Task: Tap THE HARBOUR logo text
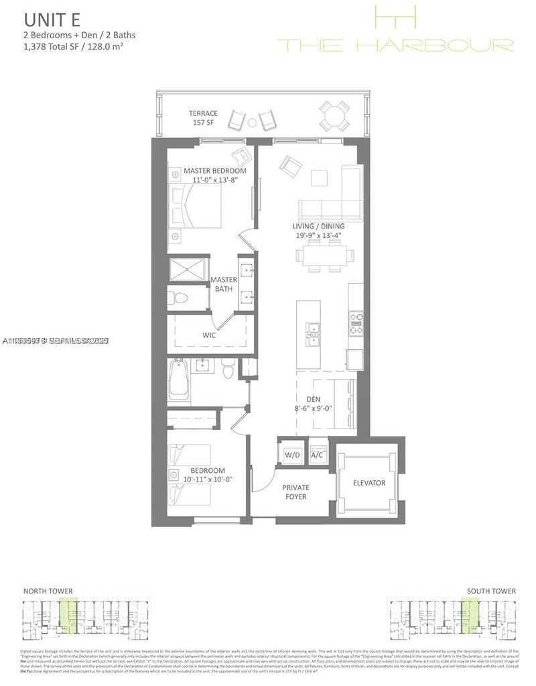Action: (x=395, y=46)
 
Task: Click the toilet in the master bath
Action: (x=178, y=298)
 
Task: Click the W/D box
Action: (x=291, y=455)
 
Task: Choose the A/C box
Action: (x=318, y=455)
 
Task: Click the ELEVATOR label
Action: (x=369, y=483)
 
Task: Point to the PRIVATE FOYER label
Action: (x=295, y=492)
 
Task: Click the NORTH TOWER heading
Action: (x=48, y=591)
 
